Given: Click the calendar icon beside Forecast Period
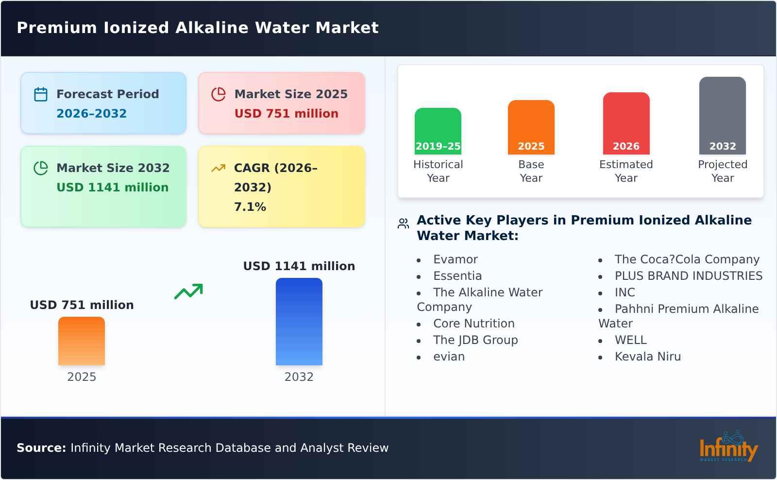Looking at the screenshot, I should tap(41, 94).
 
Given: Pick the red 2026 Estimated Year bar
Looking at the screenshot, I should tap(626, 123).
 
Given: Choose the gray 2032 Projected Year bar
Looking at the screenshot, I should tap(722, 116).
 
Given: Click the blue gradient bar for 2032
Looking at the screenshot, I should tap(299, 322).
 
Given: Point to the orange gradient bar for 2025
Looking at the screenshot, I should tap(82, 341).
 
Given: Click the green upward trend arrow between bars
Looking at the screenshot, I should tap(188, 291).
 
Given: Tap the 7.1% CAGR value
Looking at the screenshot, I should tap(250, 207).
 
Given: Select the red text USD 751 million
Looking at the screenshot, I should tap(286, 114).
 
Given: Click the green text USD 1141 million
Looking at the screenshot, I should tap(112, 188).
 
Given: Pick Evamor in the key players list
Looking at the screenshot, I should tap(455, 259).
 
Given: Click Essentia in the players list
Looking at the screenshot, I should tap(457, 276).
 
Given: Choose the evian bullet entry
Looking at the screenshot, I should tap(449, 357).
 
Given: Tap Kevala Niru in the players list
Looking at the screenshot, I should tap(647, 357).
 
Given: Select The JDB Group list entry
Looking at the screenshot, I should tap(475, 340).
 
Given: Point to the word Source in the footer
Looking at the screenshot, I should tap(41, 448).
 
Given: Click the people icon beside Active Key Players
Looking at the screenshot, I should tap(403, 224).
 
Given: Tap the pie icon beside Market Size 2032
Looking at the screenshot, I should tap(41, 168).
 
